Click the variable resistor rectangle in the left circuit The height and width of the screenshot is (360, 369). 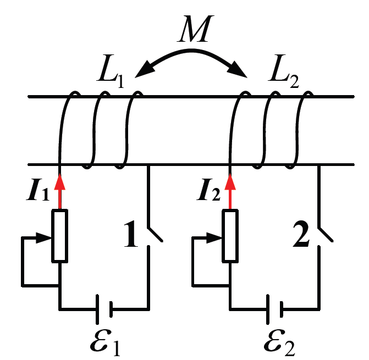point(59,235)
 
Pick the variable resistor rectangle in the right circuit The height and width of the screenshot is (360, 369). point(230,235)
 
